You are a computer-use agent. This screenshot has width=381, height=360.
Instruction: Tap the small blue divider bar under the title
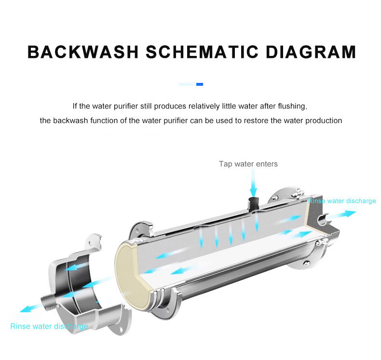pyautogui.click(x=200, y=84)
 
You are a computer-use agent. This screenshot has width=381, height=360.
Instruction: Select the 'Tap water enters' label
pyautogui.click(x=248, y=164)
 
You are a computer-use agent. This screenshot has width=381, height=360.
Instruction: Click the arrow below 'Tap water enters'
pyautogui.click(x=252, y=185)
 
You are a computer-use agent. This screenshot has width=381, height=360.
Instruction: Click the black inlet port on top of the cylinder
pyautogui.click(x=252, y=201)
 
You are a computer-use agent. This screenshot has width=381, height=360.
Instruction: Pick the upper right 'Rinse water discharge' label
pyautogui.click(x=342, y=200)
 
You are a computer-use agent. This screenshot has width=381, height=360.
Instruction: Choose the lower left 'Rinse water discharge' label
pyautogui.click(x=49, y=326)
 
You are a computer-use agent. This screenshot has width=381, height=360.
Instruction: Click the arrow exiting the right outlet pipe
pyautogui.click(x=344, y=214)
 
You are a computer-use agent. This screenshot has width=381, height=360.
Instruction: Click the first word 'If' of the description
pyautogui.click(x=75, y=106)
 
